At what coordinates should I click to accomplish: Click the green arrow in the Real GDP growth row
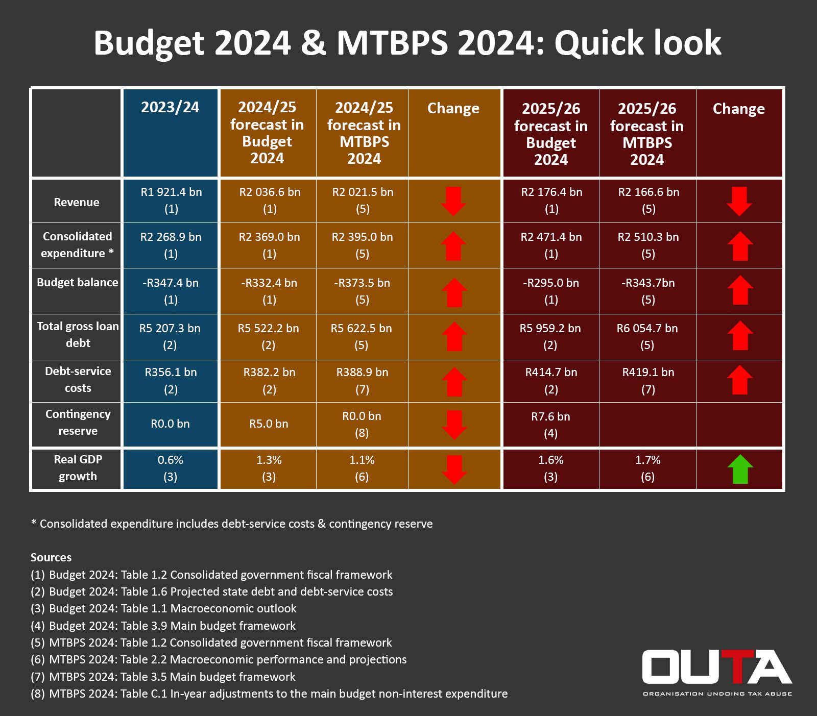click(740, 469)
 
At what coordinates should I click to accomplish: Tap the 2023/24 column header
click(170, 107)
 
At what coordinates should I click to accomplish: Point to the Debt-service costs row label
click(78, 380)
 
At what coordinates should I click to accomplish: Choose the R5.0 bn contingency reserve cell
click(269, 424)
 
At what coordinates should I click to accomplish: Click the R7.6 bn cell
click(550, 424)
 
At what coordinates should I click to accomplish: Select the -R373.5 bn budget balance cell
click(362, 290)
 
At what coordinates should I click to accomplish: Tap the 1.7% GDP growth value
click(647, 467)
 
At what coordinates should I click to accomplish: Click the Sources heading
click(51, 557)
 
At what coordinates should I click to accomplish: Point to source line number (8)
click(269, 694)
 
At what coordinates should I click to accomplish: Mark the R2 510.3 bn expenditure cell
click(648, 244)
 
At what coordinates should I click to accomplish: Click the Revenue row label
click(77, 202)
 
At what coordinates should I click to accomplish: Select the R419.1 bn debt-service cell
click(648, 380)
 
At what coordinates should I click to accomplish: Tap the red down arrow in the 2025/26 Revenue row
click(739, 201)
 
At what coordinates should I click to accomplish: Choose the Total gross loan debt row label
click(78, 335)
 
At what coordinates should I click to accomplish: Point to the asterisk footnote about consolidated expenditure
click(232, 524)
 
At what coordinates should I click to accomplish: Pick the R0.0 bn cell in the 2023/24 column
click(170, 424)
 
